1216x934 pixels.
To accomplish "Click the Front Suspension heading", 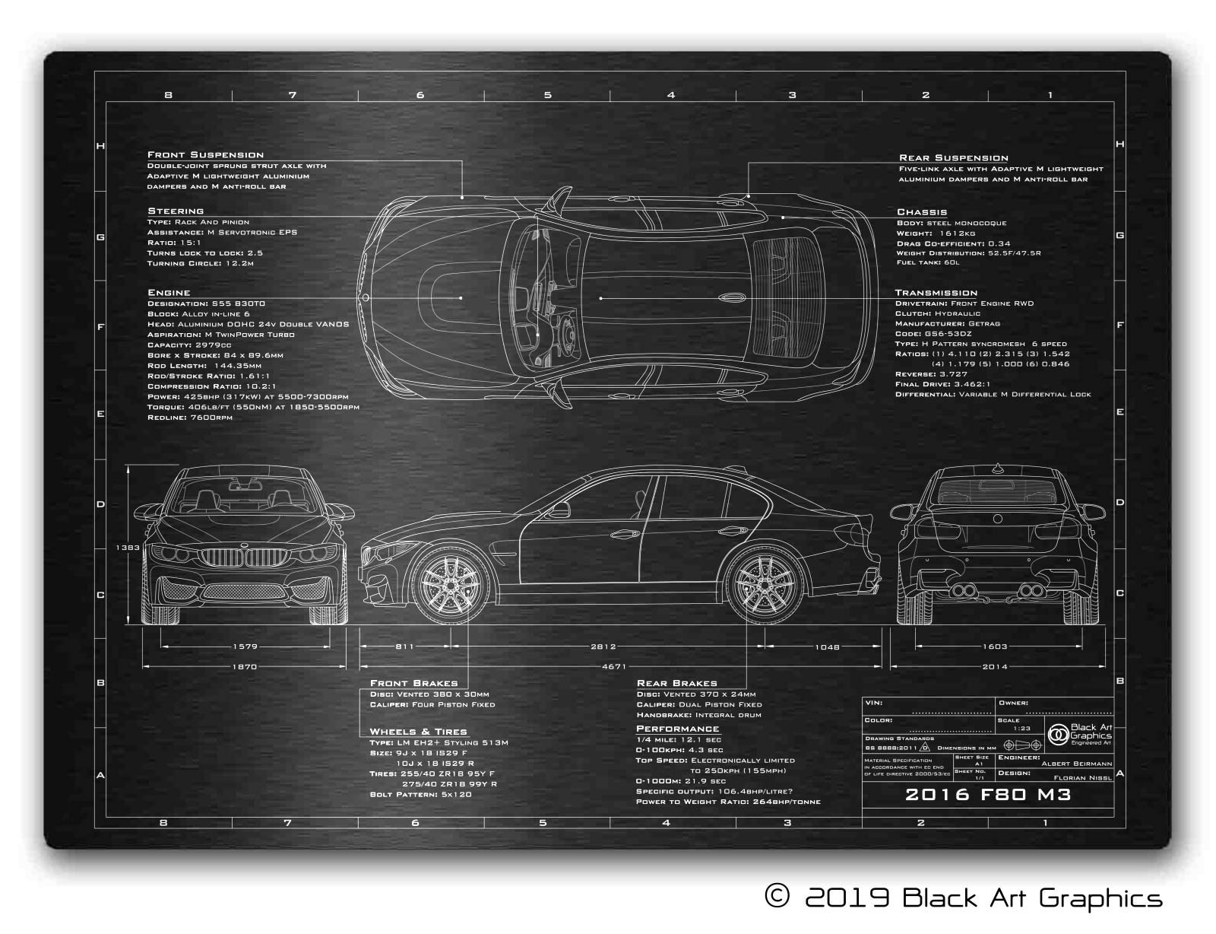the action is pyautogui.click(x=205, y=155).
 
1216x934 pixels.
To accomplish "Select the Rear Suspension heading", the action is pyautogui.click(x=953, y=158).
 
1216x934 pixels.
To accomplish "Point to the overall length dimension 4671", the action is pyautogui.click(x=613, y=667).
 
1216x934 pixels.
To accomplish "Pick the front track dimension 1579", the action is pyautogui.click(x=245, y=646).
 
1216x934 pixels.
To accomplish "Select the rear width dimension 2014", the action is pyautogui.click(x=994, y=667).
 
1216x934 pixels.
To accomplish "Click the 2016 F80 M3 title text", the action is pyautogui.click(x=988, y=796).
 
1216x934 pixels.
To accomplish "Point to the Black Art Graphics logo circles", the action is pyautogui.click(x=1058, y=735).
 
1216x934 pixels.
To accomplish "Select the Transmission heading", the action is pyautogui.click(x=936, y=293).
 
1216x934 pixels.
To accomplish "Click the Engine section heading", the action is pyautogui.click(x=169, y=293).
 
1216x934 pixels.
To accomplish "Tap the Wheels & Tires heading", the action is pyautogui.click(x=418, y=732).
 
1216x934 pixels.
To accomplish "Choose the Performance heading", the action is pyautogui.click(x=677, y=729).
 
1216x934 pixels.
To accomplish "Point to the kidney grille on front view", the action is pyautogui.click(x=245, y=557).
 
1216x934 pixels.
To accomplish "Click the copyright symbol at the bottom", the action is pyautogui.click(x=776, y=898).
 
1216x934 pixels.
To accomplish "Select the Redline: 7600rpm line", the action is pyautogui.click(x=190, y=418).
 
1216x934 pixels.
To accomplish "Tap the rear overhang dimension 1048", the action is pyautogui.click(x=827, y=647).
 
